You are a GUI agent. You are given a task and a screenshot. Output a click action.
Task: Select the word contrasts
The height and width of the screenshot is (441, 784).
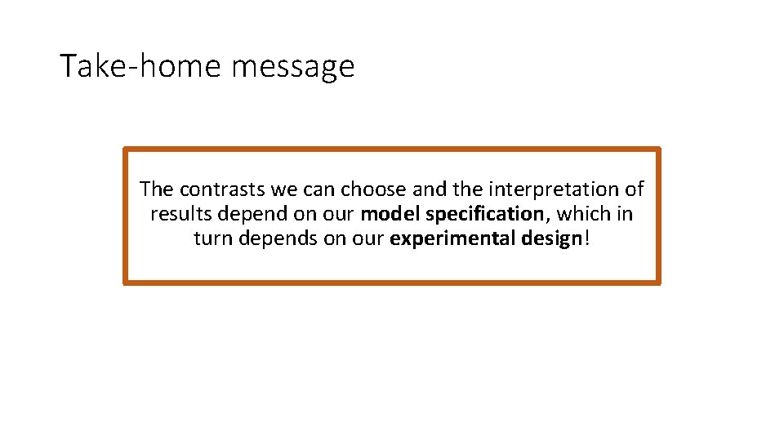tap(224, 189)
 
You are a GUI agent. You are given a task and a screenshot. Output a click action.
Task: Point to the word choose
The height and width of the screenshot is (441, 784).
tap(374, 189)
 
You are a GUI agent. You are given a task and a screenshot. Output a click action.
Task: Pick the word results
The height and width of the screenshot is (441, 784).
tap(179, 215)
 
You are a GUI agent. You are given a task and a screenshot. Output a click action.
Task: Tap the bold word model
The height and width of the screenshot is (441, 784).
tap(390, 215)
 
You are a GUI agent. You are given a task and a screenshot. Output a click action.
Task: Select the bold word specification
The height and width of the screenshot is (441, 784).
tap(484, 216)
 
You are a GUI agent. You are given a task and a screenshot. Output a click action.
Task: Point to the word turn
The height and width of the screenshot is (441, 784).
tap(212, 240)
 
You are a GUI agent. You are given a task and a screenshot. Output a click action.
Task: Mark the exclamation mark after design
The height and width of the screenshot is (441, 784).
tap(586, 240)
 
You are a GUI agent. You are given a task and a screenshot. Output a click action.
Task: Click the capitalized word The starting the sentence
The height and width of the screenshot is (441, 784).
tap(156, 189)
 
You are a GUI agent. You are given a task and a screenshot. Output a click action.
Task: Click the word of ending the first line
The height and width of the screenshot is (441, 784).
tap(634, 189)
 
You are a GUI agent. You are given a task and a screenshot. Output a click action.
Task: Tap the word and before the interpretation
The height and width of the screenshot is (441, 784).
tap(428, 189)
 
